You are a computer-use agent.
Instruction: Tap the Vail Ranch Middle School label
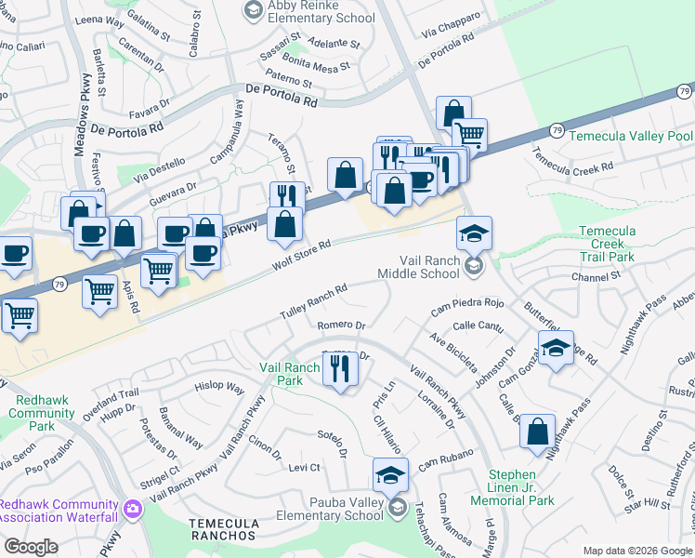(418, 268)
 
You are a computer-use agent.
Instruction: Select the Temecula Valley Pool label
(631, 136)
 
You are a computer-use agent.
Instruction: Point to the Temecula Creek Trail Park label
(619, 243)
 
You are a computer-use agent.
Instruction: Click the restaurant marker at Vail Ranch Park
(340, 372)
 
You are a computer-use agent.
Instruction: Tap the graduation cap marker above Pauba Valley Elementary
(390, 477)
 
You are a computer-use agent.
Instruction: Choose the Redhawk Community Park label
(41, 405)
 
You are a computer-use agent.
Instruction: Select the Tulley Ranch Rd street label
(314, 301)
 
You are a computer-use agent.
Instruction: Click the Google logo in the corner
(30, 547)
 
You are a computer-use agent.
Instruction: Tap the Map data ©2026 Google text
(637, 551)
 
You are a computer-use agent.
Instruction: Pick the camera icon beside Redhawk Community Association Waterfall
(132, 509)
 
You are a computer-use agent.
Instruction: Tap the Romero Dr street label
(341, 325)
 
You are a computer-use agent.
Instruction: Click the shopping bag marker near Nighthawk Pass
(537, 432)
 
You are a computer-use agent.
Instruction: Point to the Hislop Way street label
(218, 386)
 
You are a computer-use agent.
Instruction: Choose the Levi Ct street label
(304, 467)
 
